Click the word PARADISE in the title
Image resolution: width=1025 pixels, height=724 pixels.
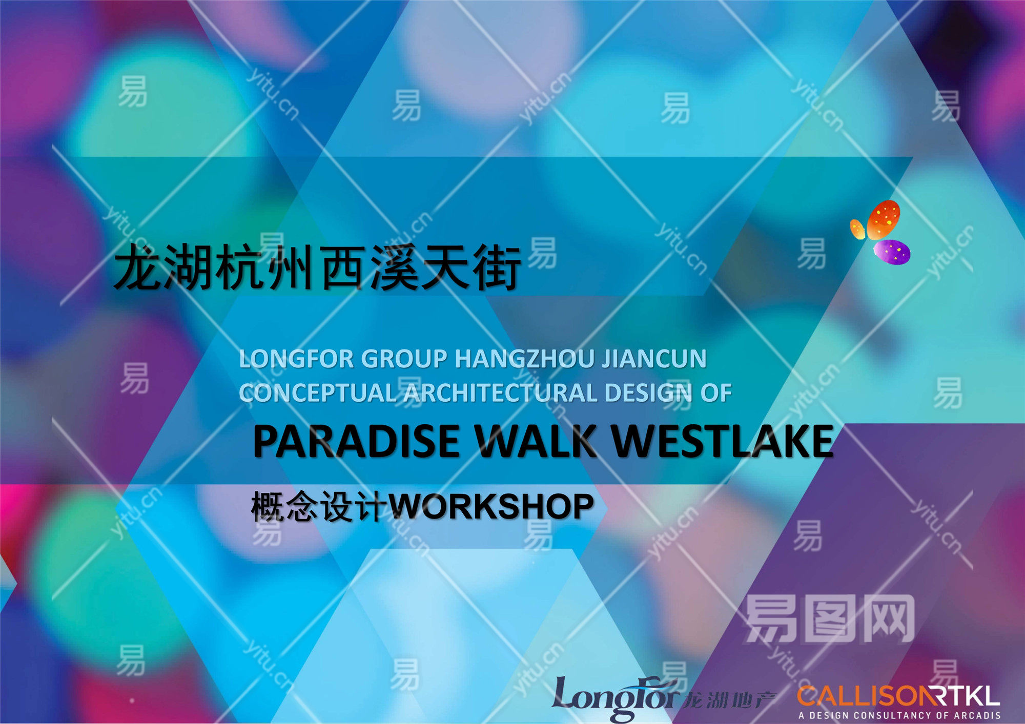[x=357, y=441]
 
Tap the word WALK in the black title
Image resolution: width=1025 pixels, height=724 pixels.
[x=536, y=441]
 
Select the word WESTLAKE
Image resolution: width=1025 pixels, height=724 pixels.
[x=723, y=441]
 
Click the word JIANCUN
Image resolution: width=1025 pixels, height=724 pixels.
[x=654, y=359]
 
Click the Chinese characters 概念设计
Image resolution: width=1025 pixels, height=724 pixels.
[x=319, y=507]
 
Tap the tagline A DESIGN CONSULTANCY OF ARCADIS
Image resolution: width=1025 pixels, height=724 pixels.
[x=899, y=715]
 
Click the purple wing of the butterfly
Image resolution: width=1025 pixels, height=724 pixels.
[x=892, y=252]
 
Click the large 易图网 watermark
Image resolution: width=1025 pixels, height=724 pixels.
[x=830, y=619]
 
